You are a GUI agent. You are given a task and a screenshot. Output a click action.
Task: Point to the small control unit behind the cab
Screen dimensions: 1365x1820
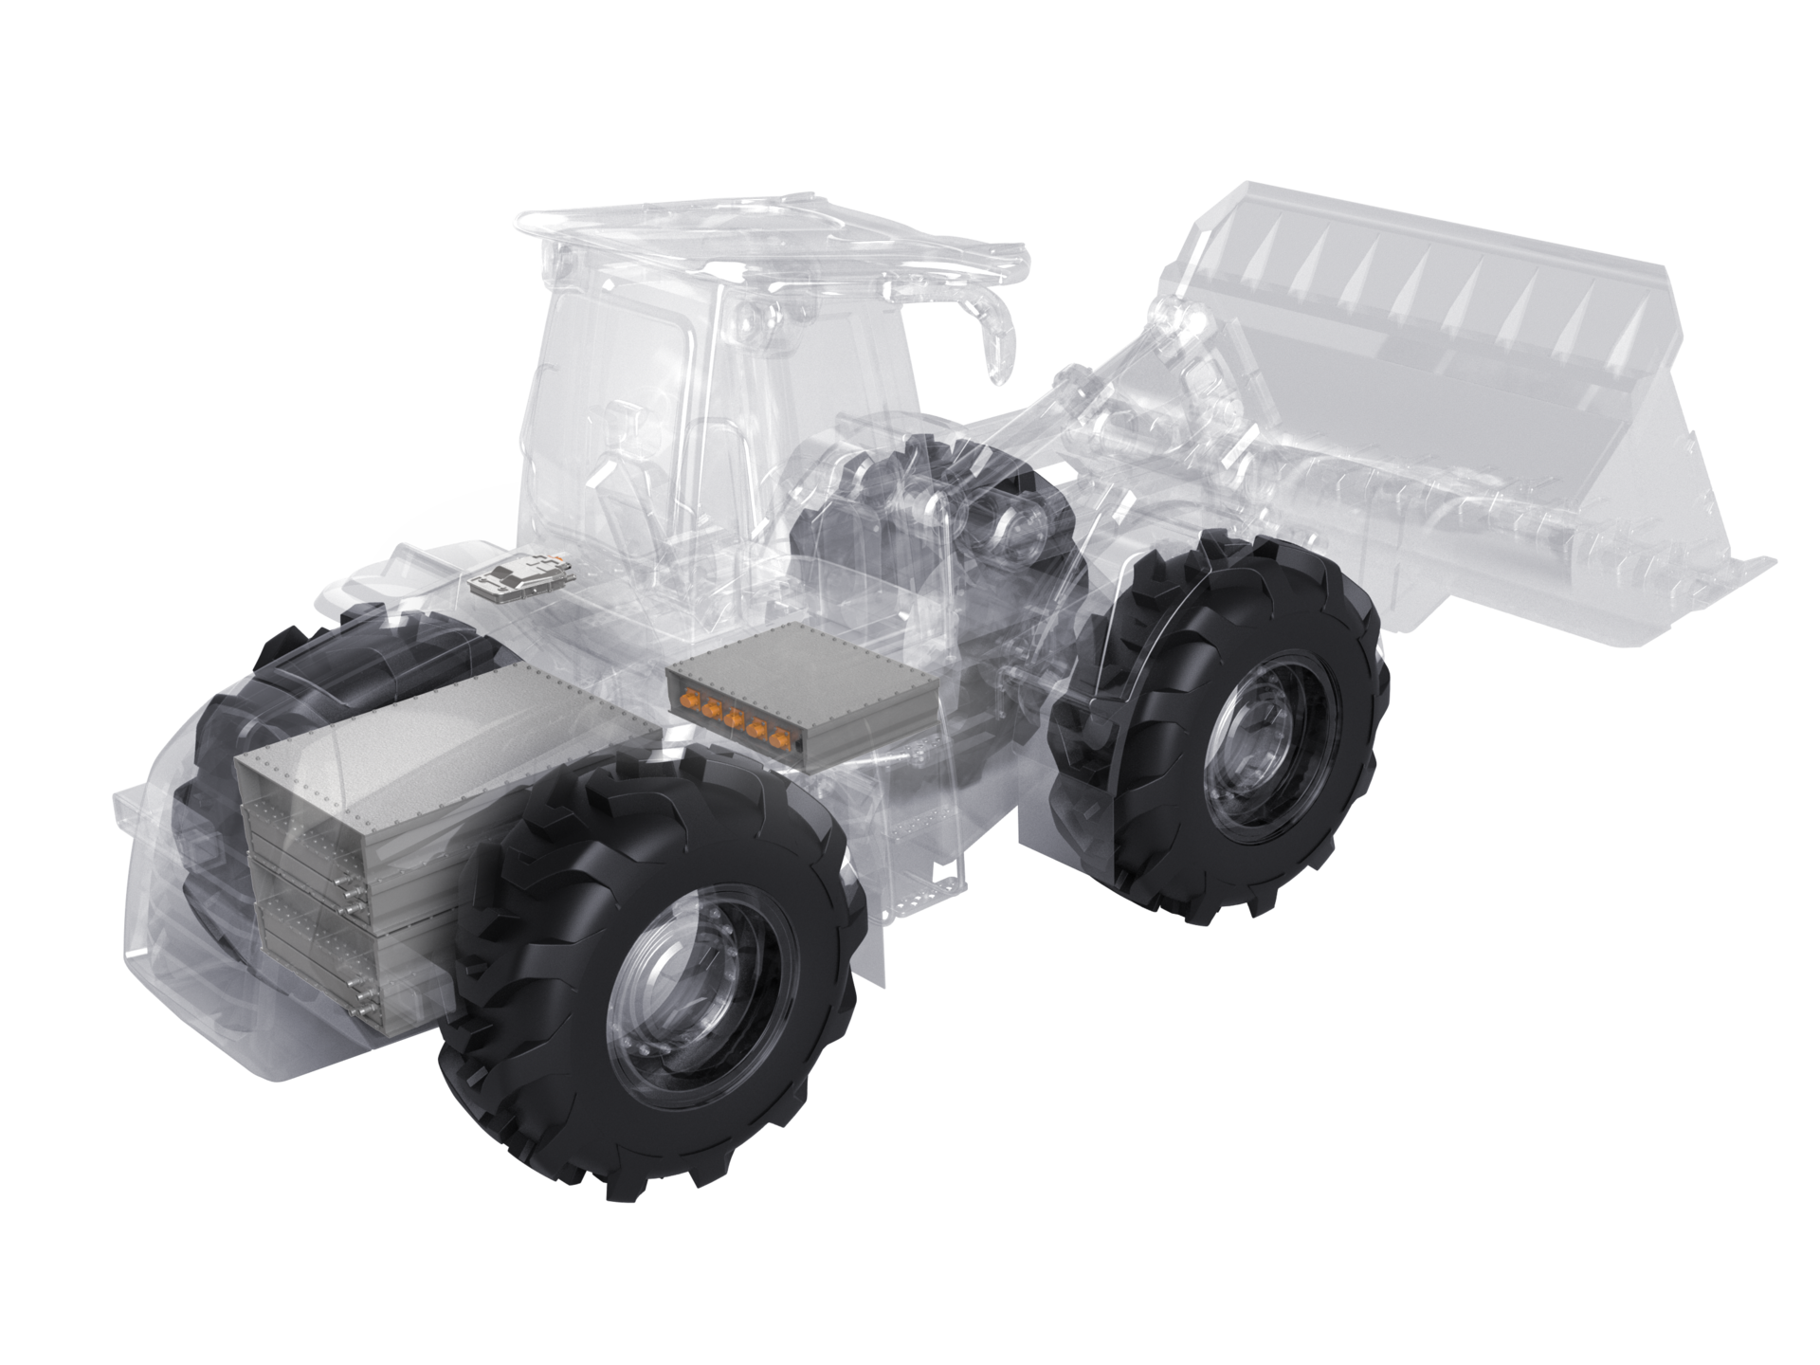517,573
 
